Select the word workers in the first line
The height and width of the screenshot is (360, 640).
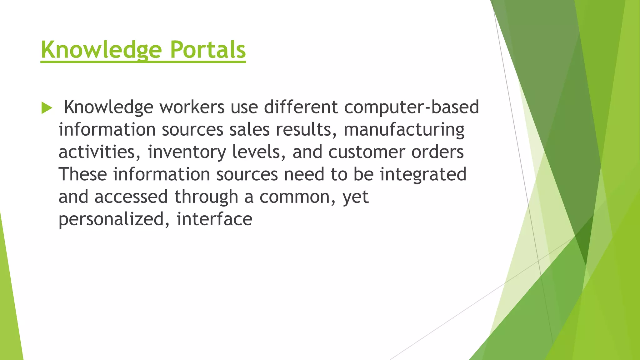192,107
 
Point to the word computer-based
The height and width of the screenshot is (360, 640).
412,107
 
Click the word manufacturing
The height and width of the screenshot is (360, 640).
404,130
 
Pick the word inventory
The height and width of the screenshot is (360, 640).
187,152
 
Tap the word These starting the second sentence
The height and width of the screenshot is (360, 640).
83,174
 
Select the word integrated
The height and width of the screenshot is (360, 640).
423,174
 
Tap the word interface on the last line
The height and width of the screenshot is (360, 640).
214,219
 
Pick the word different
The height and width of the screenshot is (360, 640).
301,107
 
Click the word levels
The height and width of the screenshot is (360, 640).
258,152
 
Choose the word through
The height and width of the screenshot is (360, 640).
206,197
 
